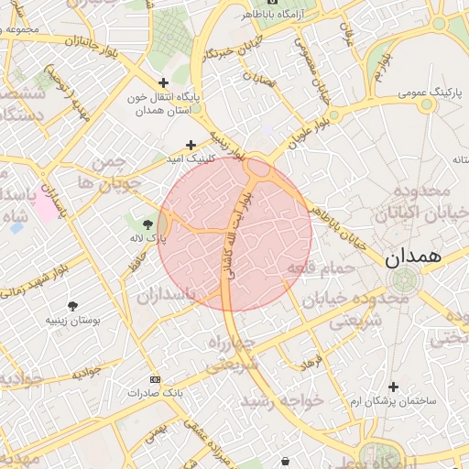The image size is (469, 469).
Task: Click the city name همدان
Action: (x=413, y=257)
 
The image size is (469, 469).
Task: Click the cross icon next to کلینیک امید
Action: (x=191, y=145)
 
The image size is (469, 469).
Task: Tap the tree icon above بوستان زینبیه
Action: (x=72, y=305)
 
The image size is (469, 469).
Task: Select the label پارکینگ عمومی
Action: (x=431, y=93)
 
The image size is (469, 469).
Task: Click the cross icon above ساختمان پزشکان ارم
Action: (x=394, y=387)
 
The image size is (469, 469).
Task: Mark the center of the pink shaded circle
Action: (x=235, y=234)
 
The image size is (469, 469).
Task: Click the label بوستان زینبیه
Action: (x=72, y=322)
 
